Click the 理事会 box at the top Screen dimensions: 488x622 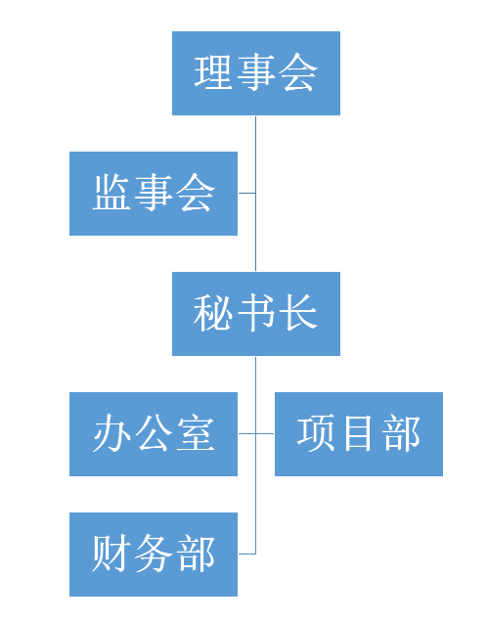[256, 73]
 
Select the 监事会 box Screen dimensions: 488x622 [154, 194]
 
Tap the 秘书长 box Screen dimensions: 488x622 [256, 314]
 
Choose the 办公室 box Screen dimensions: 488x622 [154, 434]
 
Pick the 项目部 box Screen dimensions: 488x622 [359, 434]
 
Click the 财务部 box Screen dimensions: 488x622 [154, 555]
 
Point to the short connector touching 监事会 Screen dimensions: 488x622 [246, 194]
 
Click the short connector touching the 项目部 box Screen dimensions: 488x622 [265, 433]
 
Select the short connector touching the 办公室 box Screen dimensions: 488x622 [246, 433]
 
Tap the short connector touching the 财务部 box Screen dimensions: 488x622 [246, 554]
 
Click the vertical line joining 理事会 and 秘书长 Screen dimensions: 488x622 [256, 194]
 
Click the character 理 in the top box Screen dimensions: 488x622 [213, 72]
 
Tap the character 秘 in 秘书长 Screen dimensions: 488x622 [212, 313]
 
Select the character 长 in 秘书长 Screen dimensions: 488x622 [298, 313]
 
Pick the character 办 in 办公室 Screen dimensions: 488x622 [111, 433]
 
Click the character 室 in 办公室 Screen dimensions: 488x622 [196, 433]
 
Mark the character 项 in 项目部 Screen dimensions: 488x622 [316, 433]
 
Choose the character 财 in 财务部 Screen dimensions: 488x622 [111, 554]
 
